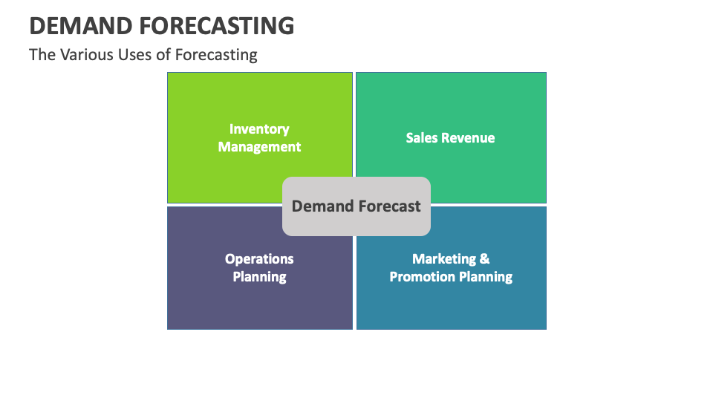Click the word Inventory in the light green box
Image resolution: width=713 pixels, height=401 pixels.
click(259, 129)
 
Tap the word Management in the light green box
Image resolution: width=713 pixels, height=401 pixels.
click(259, 147)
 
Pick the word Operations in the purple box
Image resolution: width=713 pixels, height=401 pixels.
click(259, 259)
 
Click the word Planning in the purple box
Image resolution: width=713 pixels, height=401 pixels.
click(259, 277)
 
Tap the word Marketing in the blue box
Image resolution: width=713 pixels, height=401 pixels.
click(444, 259)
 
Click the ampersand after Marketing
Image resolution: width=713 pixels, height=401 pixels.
click(484, 259)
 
